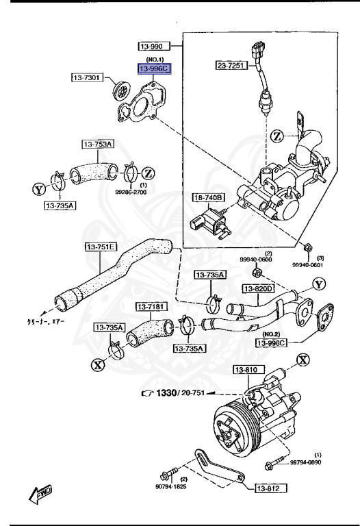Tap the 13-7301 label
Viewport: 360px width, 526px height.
coord(86,77)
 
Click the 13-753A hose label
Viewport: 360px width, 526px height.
coord(99,144)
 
